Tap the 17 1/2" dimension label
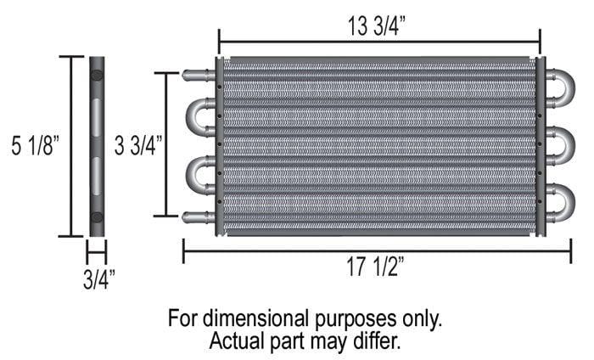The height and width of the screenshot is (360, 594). pos(377,268)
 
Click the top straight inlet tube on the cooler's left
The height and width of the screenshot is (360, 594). pos(197,75)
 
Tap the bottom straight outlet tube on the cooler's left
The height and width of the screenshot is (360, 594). pos(197,217)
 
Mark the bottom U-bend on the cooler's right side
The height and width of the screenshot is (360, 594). pos(563,202)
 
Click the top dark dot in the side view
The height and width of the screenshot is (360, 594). pos(97,76)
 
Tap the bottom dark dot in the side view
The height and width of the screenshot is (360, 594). pos(97,217)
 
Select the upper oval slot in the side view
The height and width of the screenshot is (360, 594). pos(97,114)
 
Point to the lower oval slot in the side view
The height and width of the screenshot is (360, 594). pos(97,173)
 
